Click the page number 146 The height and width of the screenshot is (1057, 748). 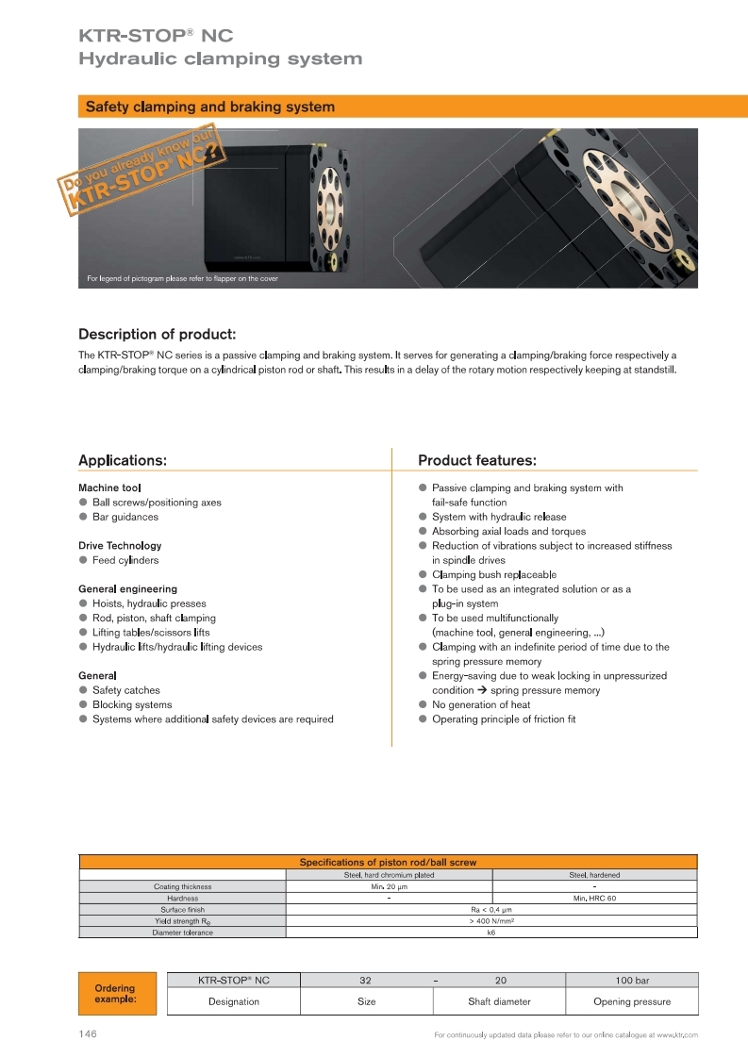pyautogui.click(x=88, y=1034)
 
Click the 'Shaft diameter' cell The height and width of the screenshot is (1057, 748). pyautogui.click(x=499, y=1001)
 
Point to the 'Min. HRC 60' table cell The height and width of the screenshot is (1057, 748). pyautogui.click(x=594, y=899)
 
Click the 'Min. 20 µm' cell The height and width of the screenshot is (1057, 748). pyautogui.click(x=389, y=886)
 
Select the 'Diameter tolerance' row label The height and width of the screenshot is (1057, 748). pyautogui.click(x=183, y=933)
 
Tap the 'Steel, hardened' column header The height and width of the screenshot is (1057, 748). pyautogui.click(x=594, y=875)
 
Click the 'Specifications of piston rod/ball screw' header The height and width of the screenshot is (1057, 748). pyautogui.click(x=388, y=862)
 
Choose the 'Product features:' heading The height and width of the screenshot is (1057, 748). pyautogui.click(x=477, y=460)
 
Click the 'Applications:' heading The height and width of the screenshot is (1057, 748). pyautogui.click(x=123, y=460)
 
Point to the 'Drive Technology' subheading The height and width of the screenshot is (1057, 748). pyautogui.click(x=120, y=545)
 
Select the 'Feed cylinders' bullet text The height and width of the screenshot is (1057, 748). pyautogui.click(x=125, y=560)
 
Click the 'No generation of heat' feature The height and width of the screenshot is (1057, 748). pyautogui.click(x=481, y=704)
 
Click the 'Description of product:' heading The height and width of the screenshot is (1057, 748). pyautogui.click(x=157, y=334)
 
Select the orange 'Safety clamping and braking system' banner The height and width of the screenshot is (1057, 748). pyautogui.click(x=387, y=107)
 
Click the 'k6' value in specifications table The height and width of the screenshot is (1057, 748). pyautogui.click(x=490, y=933)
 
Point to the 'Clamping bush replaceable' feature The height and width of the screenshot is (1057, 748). pyautogui.click(x=493, y=574)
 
